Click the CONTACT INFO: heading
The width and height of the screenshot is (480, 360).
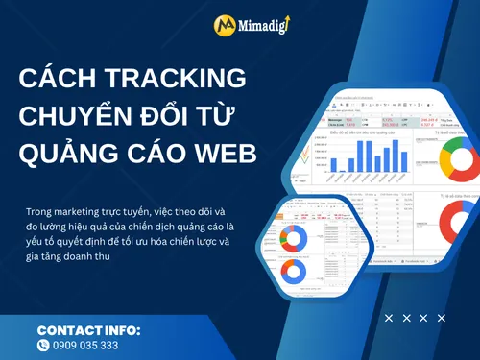(89, 330)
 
